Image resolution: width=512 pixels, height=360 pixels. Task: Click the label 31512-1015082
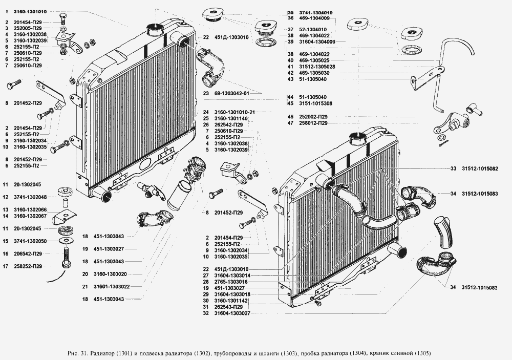pyautogui.click(x=480, y=168)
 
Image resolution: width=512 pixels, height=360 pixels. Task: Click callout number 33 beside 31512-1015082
pyautogui.click(x=453, y=168)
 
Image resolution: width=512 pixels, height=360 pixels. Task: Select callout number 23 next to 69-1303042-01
pyautogui.click(x=206, y=94)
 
